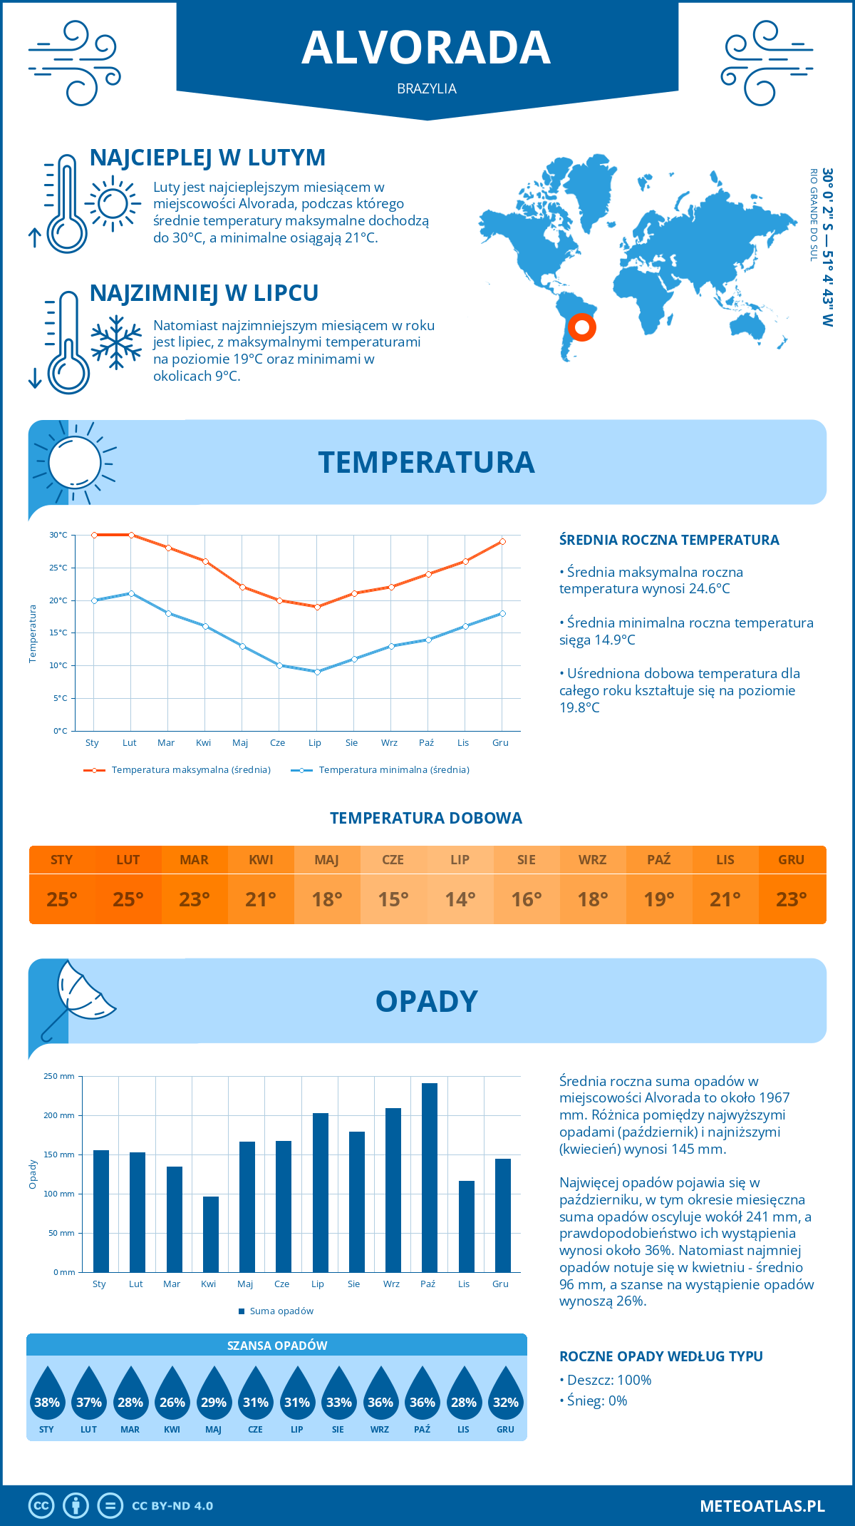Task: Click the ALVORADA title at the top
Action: [426, 48]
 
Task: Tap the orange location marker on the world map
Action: [582, 327]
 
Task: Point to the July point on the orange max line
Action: [317, 607]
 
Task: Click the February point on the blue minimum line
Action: [131, 593]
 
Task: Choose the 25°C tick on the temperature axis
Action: [58, 568]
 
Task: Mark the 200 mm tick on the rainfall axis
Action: [59, 1115]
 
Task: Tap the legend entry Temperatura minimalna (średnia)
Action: [393, 770]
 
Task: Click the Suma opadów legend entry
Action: [281, 1311]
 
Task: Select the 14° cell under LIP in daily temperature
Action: [460, 899]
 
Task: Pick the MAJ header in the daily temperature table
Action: [327, 860]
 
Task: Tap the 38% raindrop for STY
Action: [47, 1395]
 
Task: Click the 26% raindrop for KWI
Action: [172, 1395]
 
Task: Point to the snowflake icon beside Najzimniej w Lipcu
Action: [116, 342]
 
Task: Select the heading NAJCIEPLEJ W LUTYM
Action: [207, 158]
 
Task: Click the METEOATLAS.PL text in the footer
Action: [762, 1505]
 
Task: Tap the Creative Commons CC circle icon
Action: [41, 1505]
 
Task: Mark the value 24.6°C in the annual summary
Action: [705, 589]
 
